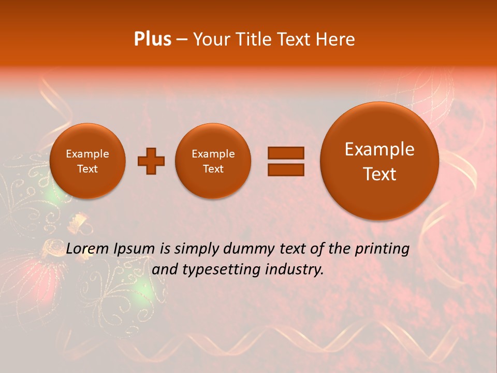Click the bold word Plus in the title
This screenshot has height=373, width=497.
[152, 39]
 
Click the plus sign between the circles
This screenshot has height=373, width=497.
[151, 161]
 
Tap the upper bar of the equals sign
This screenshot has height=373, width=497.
[285, 153]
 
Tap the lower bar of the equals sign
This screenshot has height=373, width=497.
[285, 169]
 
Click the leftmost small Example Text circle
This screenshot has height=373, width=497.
[87, 161]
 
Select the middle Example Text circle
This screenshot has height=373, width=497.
[213, 161]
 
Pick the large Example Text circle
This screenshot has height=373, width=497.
[379, 161]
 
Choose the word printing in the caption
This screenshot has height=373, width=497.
[382, 250]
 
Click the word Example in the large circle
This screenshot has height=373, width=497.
[379, 150]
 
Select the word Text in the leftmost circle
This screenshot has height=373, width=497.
[87, 169]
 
